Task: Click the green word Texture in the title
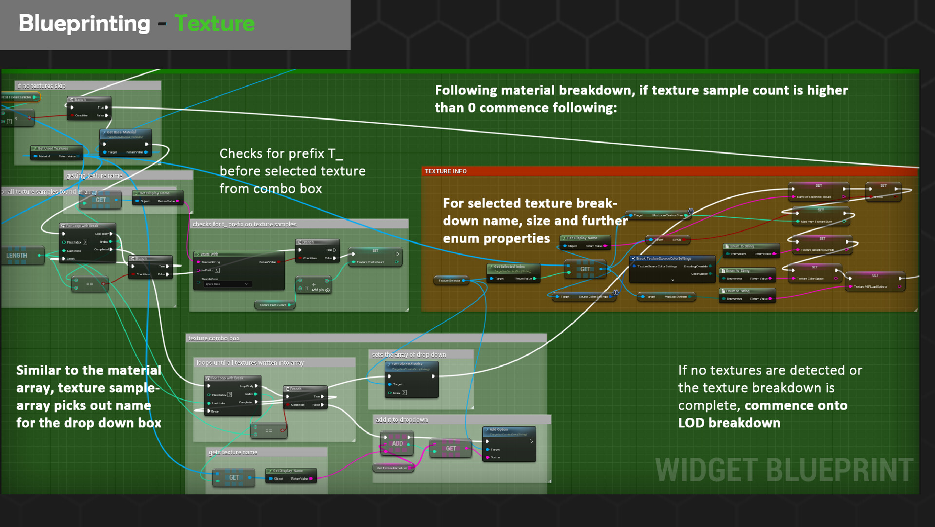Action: [x=214, y=23]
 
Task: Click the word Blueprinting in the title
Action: [x=84, y=23]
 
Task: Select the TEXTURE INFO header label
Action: [x=445, y=171]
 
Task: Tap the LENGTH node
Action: [x=17, y=255]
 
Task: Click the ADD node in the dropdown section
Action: [x=397, y=443]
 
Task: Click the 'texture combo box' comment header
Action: [x=214, y=338]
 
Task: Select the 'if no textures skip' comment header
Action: [x=41, y=86]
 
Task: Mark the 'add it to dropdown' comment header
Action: [x=402, y=419]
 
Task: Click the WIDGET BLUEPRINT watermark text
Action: [x=784, y=470]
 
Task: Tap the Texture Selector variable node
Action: [x=450, y=281]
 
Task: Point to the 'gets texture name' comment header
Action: [x=233, y=452]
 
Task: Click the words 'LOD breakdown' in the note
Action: [x=729, y=423]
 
